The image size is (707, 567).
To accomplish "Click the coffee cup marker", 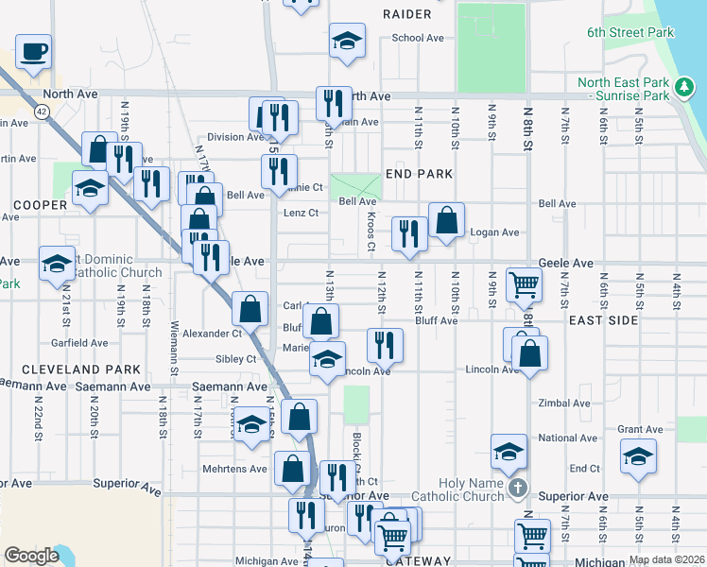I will tap(33, 51).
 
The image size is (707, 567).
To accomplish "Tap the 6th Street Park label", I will tap(629, 32).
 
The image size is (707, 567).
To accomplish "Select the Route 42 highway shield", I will tap(41, 112).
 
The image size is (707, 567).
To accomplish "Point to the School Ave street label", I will tap(418, 38).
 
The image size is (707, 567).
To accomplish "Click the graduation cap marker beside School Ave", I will tap(347, 42).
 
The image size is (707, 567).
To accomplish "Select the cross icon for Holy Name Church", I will tap(516, 489).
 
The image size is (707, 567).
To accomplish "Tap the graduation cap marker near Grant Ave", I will tap(639, 456).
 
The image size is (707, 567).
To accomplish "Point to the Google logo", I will tap(31, 556).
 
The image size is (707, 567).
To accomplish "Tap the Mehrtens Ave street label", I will tap(234, 468).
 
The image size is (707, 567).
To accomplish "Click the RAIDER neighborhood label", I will tap(407, 14).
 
